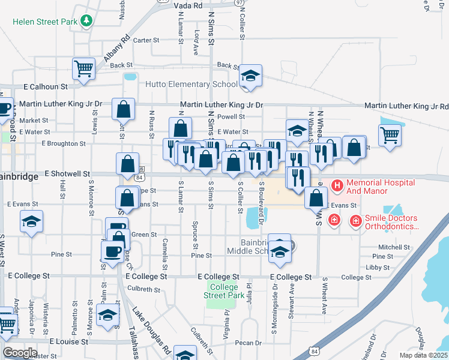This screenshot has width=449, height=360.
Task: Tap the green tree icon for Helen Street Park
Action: [86, 21]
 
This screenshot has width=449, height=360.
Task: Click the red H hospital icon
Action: [336, 182]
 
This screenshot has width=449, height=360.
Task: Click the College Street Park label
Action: [224, 291]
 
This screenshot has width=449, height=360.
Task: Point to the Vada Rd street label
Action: [188, 5]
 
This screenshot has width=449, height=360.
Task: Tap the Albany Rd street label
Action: [116, 47]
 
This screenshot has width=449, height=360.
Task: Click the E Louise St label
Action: [68, 341]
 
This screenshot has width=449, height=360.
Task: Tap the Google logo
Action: [20, 353]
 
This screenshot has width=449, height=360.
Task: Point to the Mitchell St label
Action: [393, 247]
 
